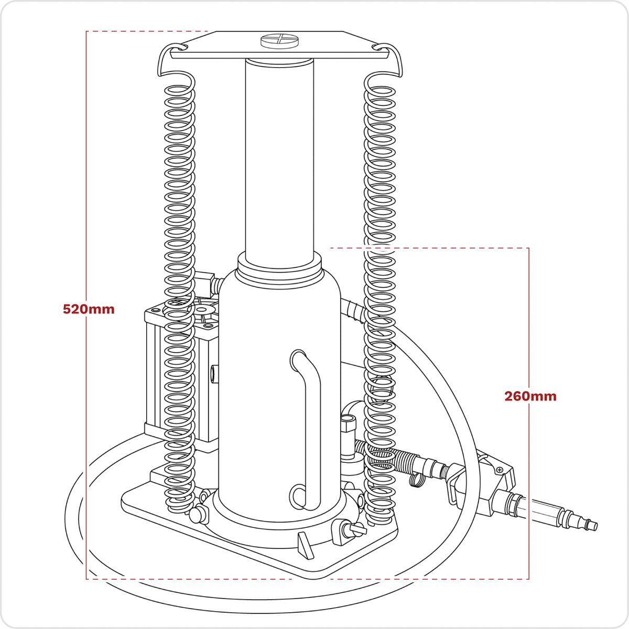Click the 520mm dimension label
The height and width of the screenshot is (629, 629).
coord(88,309)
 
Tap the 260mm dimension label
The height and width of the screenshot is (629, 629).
coord(530,396)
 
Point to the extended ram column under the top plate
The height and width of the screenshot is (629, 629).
coord(279,157)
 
